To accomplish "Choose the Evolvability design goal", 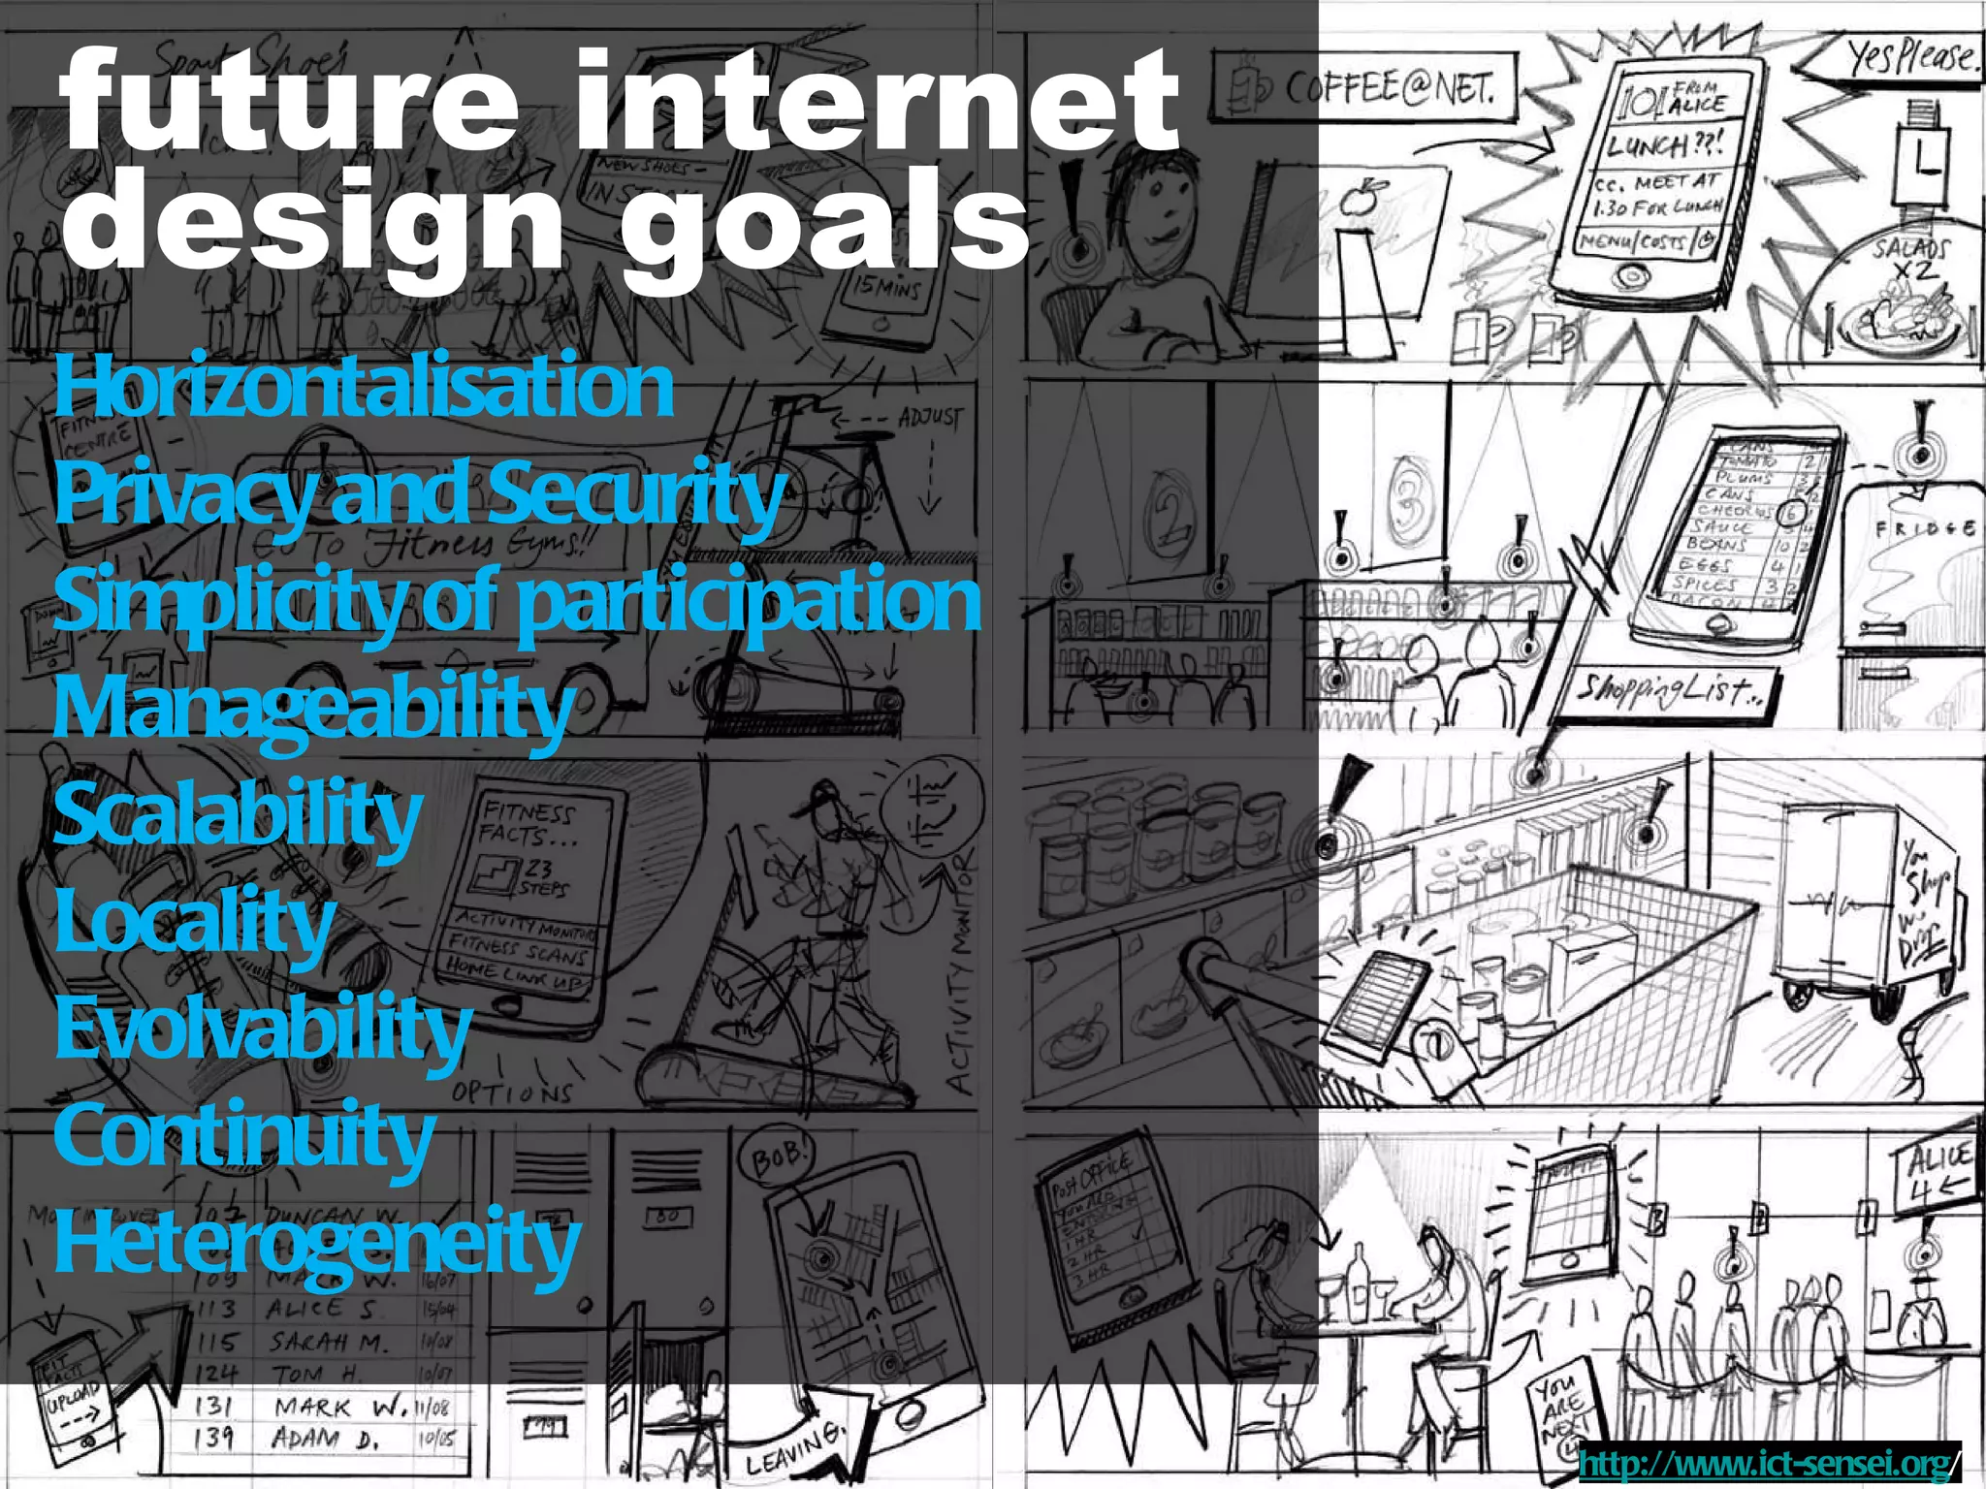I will pos(263,1030).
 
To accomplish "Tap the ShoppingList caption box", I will pos(1672,691).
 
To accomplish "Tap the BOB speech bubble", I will pos(776,1155).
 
